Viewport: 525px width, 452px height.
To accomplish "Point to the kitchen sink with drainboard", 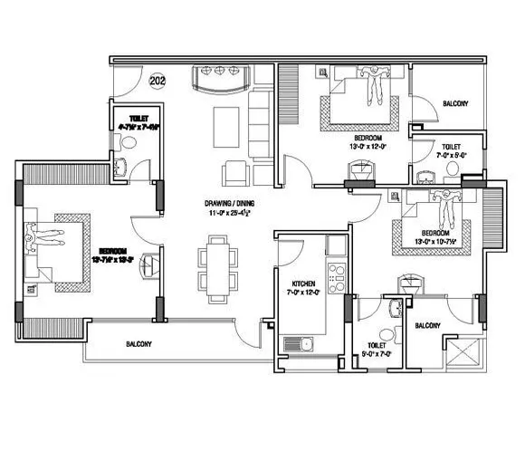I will click(300, 343).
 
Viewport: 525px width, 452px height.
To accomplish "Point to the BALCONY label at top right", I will click(454, 104).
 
